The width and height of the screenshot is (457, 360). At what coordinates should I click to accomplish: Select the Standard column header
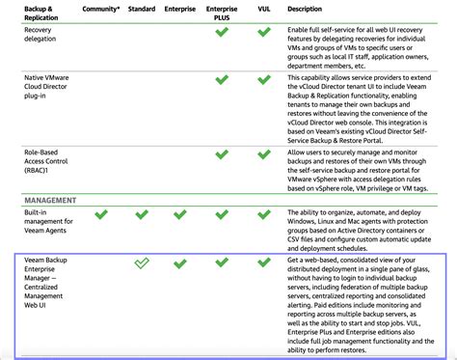tap(141, 9)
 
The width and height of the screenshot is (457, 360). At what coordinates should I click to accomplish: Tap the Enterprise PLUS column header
tap(222, 13)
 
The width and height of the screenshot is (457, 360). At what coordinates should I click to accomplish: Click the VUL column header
tap(262, 9)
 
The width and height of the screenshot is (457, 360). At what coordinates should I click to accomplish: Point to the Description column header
tap(305, 9)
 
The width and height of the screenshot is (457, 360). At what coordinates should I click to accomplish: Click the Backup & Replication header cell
tap(41, 13)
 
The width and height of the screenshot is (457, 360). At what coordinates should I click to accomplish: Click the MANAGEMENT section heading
tap(51, 200)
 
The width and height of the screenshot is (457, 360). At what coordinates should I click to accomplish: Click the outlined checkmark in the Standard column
tap(141, 263)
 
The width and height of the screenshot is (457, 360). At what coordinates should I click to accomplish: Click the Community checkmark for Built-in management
tap(101, 214)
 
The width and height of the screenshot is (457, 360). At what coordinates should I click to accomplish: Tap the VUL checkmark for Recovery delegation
tap(262, 32)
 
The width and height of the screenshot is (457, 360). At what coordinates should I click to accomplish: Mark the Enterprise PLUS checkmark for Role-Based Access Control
tap(222, 153)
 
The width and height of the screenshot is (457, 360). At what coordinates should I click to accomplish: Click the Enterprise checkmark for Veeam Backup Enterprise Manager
tap(180, 263)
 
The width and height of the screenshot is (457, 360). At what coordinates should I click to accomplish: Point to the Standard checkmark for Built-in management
tap(141, 214)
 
